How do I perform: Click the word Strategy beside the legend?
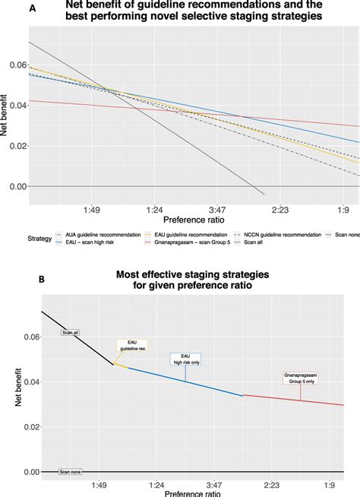click(x=37, y=238)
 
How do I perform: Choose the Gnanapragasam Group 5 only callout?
click(x=299, y=378)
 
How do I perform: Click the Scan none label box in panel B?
click(x=70, y=472)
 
